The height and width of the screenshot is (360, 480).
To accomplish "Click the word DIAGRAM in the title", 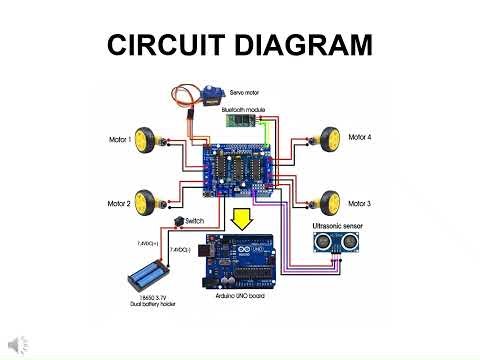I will pos(301,45).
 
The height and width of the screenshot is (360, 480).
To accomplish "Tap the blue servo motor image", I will pos(210,98).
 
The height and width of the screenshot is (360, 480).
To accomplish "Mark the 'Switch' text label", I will pos(197,218).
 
